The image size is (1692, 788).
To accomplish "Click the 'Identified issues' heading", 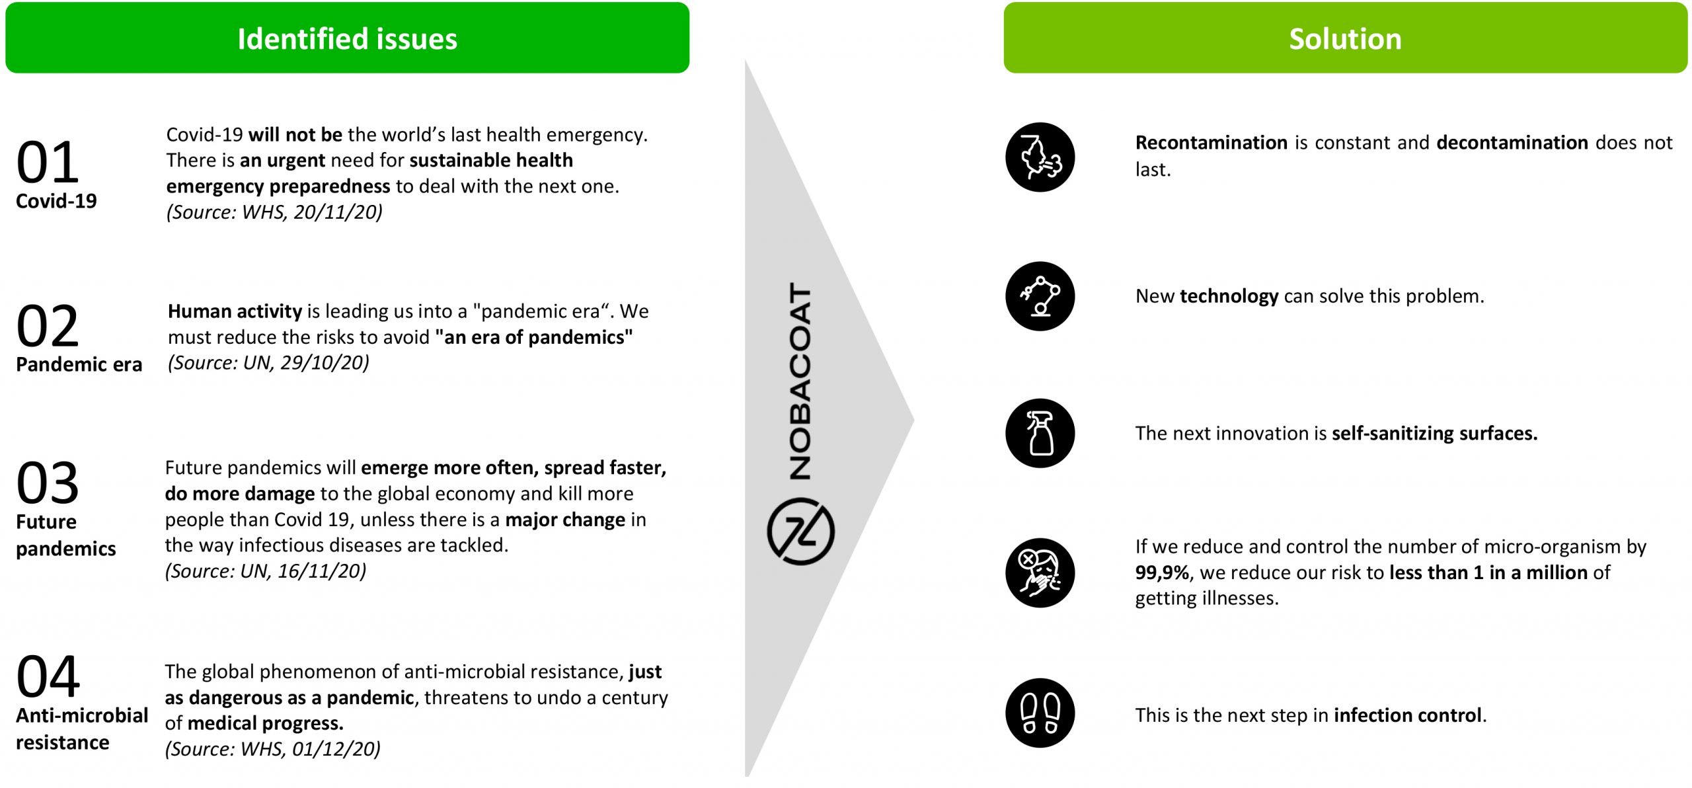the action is pos(347,38).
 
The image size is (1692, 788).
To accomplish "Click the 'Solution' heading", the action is pos(1345,38).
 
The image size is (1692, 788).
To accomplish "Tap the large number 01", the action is pos(48,163).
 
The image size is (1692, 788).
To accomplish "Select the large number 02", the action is pos(48,326).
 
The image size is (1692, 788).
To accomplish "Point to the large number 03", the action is pos(48,483).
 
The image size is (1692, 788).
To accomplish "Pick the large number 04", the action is pos(48,676).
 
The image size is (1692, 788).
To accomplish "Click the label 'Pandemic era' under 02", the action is pos(79,364).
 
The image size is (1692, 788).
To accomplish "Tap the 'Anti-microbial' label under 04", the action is pos(82,715).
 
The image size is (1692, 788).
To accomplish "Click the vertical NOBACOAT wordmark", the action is pos(800,381).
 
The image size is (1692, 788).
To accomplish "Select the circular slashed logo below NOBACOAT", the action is pos(800,532).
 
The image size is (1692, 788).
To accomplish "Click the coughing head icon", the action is pos(1040,157).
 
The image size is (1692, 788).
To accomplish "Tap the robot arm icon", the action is pos(1040,296).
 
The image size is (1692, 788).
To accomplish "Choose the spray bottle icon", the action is pos(1040,433).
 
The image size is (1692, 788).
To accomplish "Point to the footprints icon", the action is pos(1040,713).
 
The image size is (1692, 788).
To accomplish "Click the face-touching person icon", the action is pos(1040,572).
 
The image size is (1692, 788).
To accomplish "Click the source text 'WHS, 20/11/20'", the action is pos(310,212).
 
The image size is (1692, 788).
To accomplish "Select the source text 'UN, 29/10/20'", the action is pos(304,362).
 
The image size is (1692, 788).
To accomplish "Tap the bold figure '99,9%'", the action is pos(1162,572).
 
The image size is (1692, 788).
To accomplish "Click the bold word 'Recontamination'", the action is pos(1211,142).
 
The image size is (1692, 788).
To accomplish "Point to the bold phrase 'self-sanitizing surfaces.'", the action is pos(1434,433).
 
